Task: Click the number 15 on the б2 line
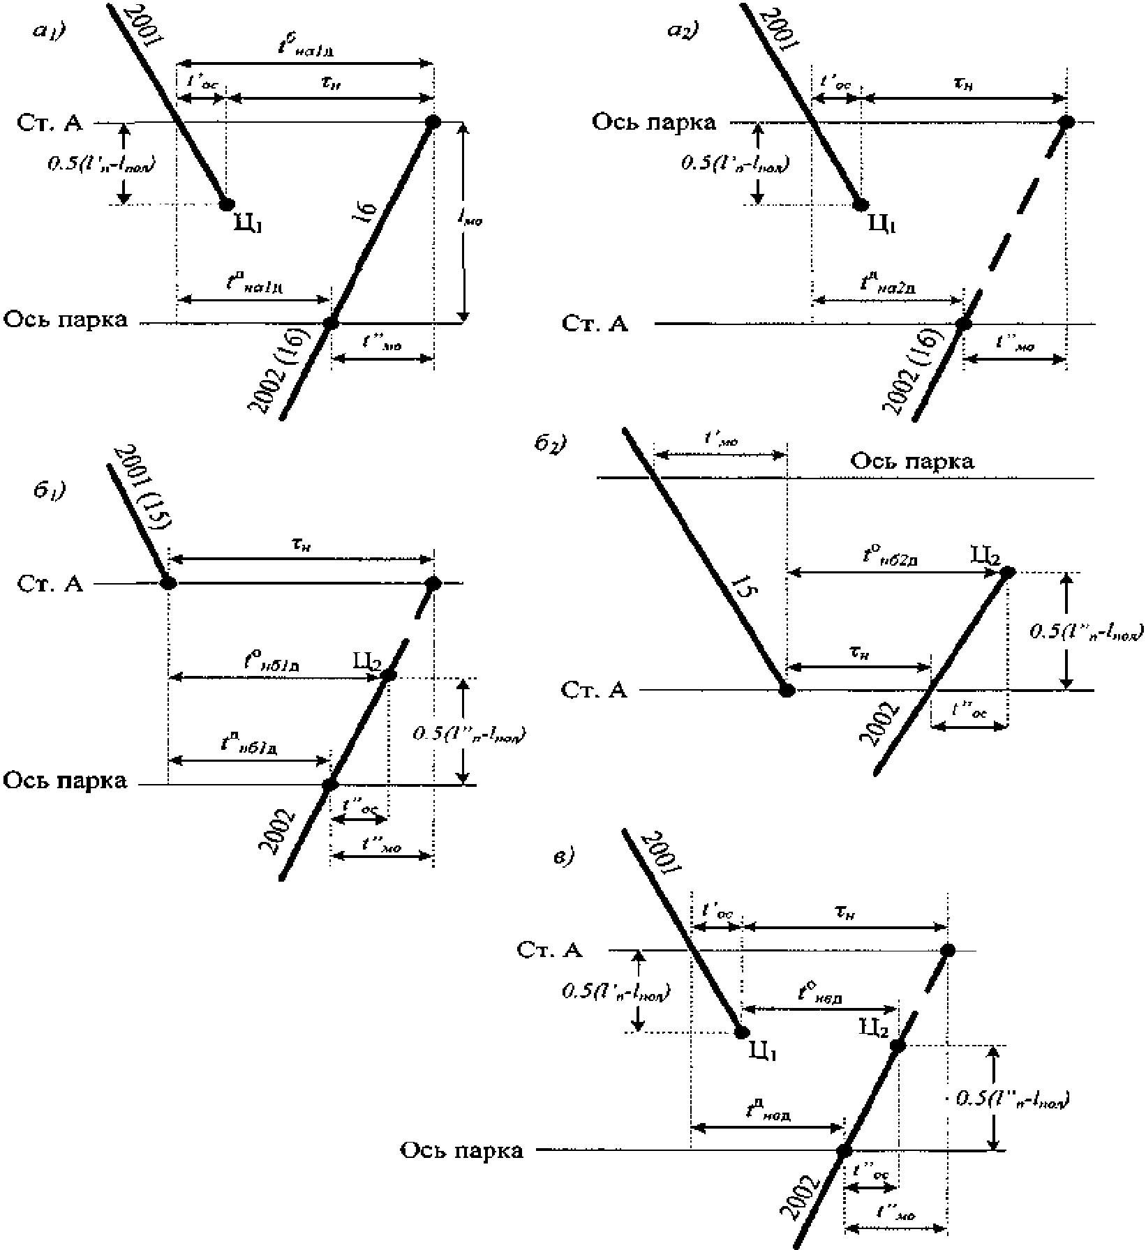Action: [x=746, y=587]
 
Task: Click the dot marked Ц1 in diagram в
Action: [x=741, y=1033]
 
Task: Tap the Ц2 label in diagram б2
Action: [x=985, y=556]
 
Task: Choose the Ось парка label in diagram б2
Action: [x=911, y=461]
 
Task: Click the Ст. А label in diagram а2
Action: [x=595, y=324]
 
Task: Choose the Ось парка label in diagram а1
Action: [x=66, y=320]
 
